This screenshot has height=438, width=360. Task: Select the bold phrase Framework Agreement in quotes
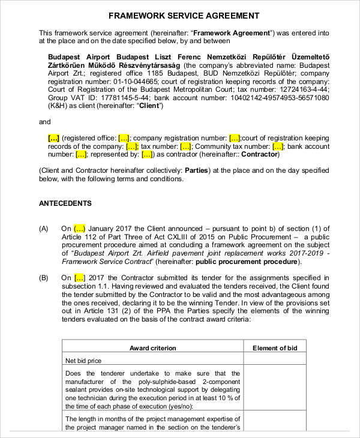click(x=232, y=32)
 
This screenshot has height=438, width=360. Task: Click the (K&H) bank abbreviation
click(x=59, y=106)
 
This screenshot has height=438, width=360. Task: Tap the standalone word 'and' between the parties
click(x=45, y=122)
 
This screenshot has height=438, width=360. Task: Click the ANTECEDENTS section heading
click(x=65, y=203)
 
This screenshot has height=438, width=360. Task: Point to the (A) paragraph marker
click(x=44, y=229)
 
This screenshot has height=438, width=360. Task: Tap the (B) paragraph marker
click(x=44, y=278)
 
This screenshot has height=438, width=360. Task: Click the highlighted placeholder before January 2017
click(x=80, y=229)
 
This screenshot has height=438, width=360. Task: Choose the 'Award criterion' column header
click(x=153, y=348)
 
